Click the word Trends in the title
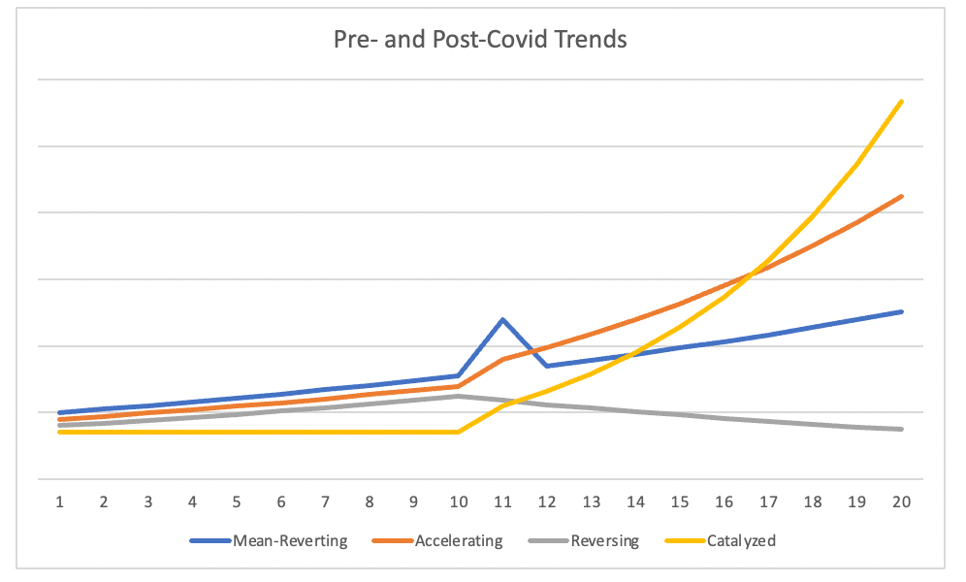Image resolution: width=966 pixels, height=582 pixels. pos(592,41)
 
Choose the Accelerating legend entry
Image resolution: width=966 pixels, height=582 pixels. pos(459,541)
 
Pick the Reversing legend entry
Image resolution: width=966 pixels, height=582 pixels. pos(605,541)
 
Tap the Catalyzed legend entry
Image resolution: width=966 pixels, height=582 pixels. pos(741,541)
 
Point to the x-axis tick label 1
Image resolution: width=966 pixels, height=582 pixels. pos(59,502)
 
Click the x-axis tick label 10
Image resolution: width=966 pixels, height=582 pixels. pos(458,502)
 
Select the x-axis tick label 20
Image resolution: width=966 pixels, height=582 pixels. pos(901,502)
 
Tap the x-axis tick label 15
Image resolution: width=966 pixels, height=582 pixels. pos(680,502)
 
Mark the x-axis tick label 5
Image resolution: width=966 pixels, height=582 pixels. pos(237,502)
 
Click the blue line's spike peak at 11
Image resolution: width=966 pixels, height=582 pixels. pos(502,319)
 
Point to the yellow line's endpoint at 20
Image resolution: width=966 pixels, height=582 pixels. pos(902,101)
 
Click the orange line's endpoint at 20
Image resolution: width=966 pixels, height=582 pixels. pos(902,196)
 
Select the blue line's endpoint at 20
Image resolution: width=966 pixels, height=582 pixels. pos(902,311)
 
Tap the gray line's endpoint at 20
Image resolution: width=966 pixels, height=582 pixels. pos(902,429)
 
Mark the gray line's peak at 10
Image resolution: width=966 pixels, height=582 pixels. pos(458,396)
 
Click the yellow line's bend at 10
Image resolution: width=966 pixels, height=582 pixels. pos(458,432)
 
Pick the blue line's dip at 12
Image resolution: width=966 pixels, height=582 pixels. pos(547,366)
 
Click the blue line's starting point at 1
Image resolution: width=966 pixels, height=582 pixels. pos(59,412)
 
